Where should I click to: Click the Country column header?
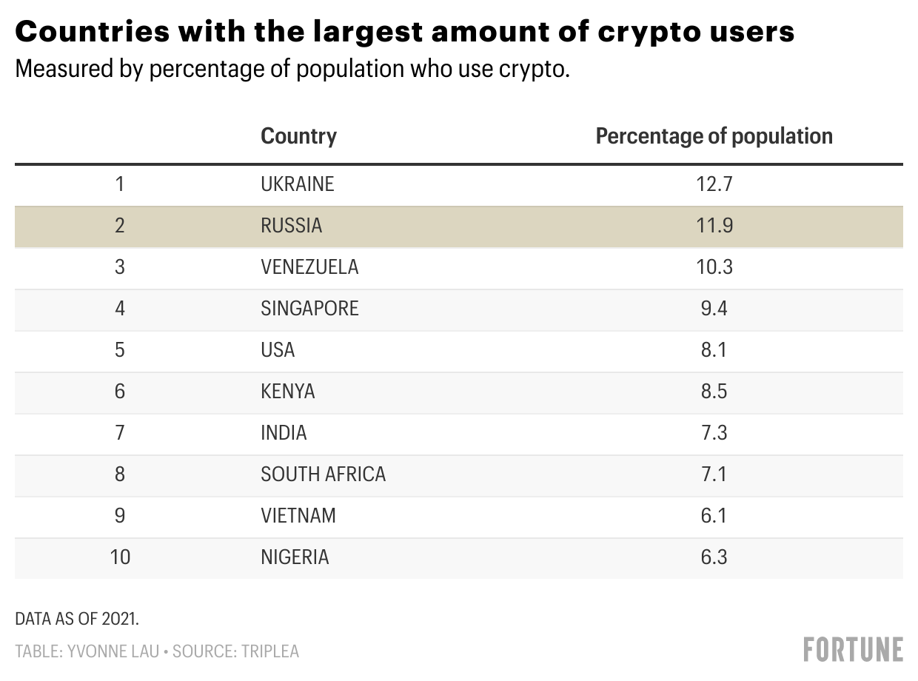tap(298, 136)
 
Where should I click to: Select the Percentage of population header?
tap(714, 136)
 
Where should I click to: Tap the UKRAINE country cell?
tap(298, 184)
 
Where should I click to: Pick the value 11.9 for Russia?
tap(714, 225)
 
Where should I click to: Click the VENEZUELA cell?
tap(309, 266)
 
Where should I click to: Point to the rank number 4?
tap(120, 308)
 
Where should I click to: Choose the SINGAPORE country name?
tap(309, 308)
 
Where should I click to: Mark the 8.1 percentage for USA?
tap(714, 349)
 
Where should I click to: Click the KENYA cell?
tap(288, 391)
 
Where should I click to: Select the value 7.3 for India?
tap(714, 432)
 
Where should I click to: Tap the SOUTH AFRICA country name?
tap(324, 474)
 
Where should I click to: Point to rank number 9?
tap(120, 515)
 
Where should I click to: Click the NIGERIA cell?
tap(295, 557)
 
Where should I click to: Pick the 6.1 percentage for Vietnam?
tap(714, 515)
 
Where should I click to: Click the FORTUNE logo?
tap(853, 649)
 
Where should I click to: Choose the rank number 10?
tap(120, 557)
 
